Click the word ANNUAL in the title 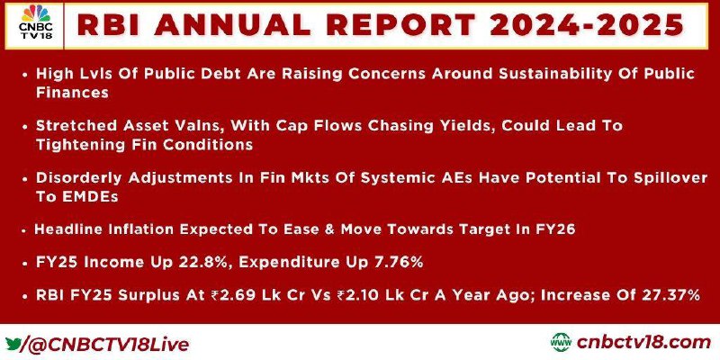(x=232, y=25)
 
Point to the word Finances (x=72, y=93)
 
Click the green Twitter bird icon (x=13, y=344)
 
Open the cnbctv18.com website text (x=643, y=343)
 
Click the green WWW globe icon (x=561, y=343)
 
